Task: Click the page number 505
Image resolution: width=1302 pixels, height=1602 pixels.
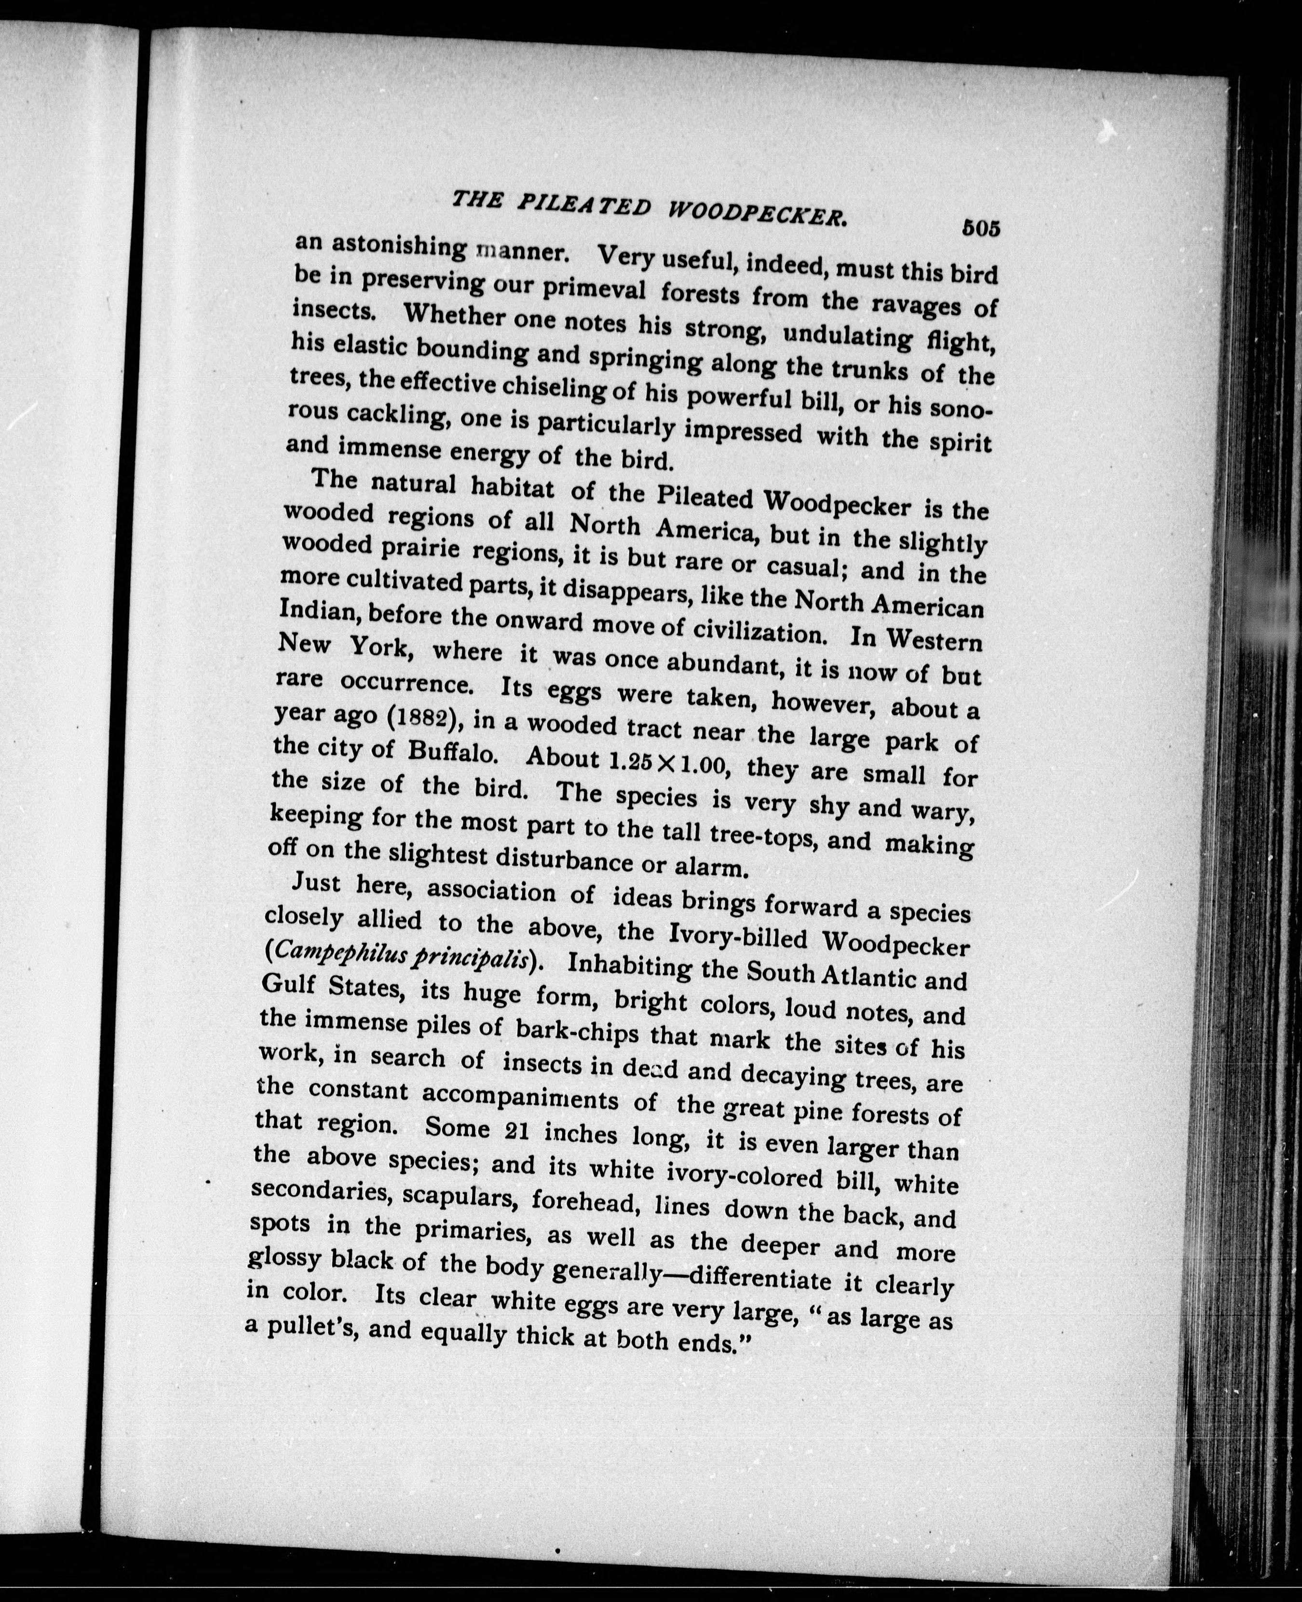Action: coord(981,228)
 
